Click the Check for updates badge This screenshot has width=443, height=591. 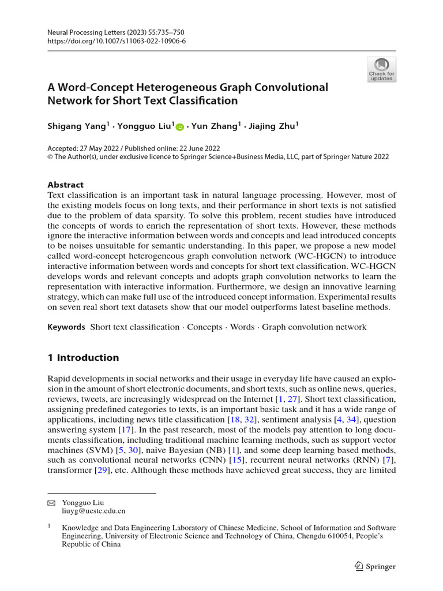tap(381, 69)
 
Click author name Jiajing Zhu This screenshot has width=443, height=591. tap(272, 126)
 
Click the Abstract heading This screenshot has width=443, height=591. tap(65, 185)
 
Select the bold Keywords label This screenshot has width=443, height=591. tap(66, 327)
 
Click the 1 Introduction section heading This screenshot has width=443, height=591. tap(83, 358)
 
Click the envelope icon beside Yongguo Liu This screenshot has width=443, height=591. tap(51, 503)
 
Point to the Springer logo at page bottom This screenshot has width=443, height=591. tap(375, 566)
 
